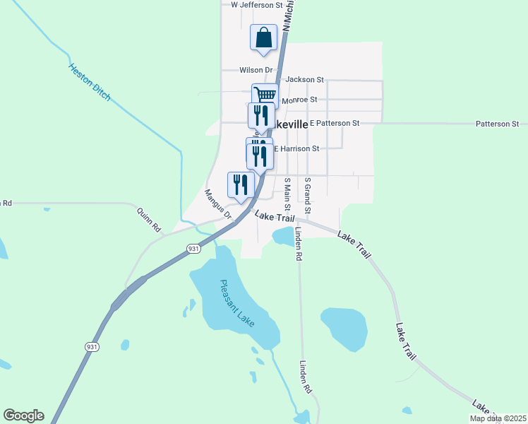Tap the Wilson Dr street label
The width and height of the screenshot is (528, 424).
pos(256,70)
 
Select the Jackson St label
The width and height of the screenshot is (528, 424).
pos(304,80)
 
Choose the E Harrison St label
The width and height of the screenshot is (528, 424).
pos(296,149)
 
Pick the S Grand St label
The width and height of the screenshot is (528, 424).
pos(307,196)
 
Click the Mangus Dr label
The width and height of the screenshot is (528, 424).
pos(218,204)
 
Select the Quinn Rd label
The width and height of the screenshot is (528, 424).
pos(149,219)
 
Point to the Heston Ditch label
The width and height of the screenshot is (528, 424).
pos(90,82)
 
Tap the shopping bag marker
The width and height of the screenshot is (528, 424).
pos(263,37)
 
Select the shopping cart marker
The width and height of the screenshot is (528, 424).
pos(265,95)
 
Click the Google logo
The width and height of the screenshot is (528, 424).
pos(23,416)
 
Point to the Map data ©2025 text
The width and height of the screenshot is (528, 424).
pos(497,418)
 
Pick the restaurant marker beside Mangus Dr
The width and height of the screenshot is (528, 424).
pos(240,184)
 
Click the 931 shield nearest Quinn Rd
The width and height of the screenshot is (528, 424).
pos(194,249)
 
